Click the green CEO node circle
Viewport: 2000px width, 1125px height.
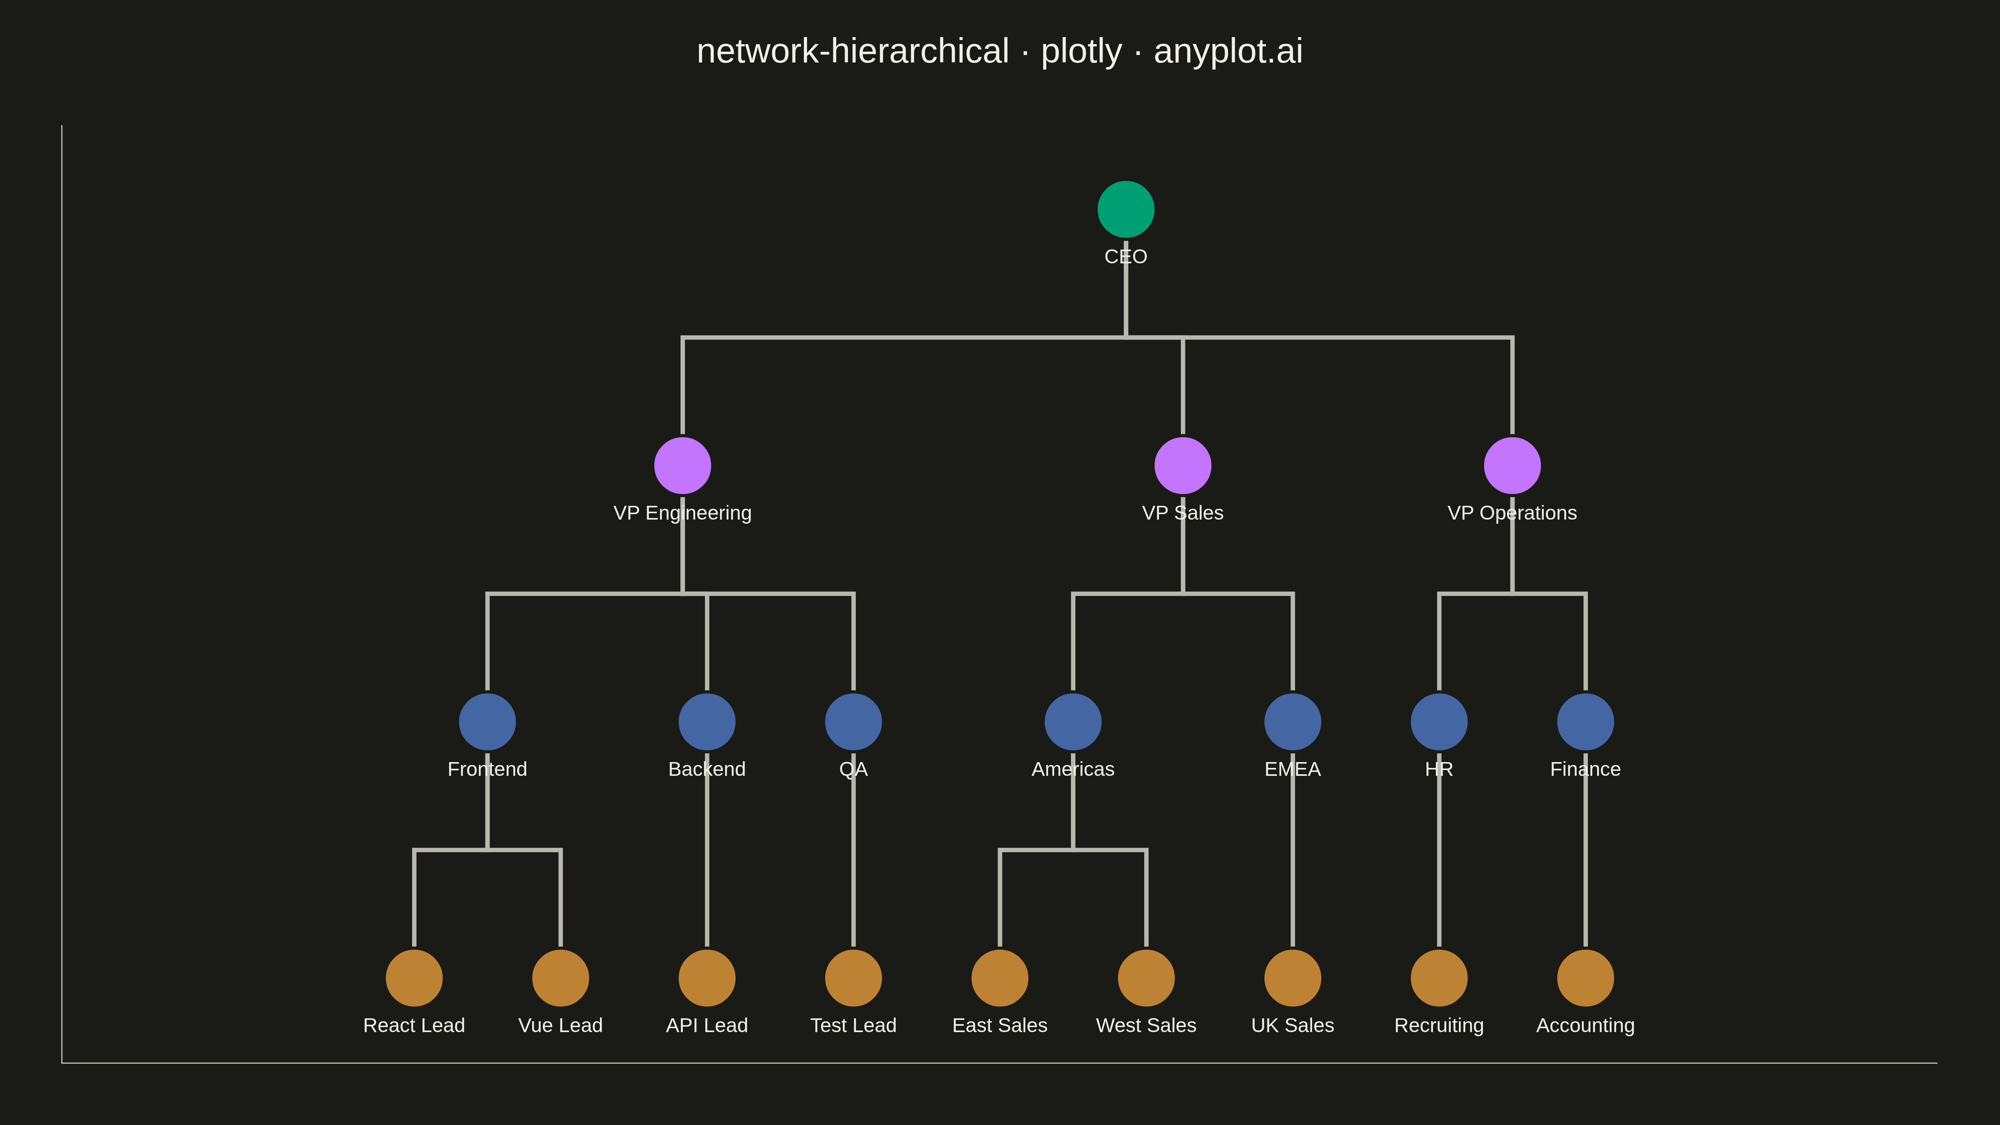1126,210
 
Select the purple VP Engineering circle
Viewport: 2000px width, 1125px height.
682,466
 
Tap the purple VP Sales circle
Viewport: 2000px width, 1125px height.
1182,466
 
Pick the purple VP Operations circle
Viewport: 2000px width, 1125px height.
1512,466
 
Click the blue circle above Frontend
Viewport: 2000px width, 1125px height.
487,722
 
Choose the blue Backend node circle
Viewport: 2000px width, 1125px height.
707,722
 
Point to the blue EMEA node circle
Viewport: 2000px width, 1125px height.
1292,722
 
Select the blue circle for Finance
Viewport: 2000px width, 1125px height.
1585,722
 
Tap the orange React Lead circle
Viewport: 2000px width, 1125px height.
414,978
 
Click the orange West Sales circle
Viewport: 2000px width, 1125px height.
1146,978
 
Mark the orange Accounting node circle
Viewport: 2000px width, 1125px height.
1585,978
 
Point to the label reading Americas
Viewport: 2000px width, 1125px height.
1073,770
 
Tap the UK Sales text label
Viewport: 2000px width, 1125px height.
1292,1025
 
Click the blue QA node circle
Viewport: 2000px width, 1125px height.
853,722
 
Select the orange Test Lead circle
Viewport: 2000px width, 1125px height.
853,978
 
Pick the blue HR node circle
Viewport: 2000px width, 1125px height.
1439,722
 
